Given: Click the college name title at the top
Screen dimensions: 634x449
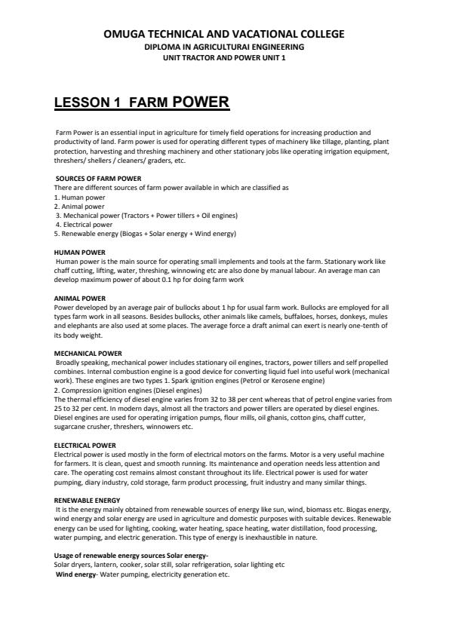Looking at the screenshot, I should pos(224,34).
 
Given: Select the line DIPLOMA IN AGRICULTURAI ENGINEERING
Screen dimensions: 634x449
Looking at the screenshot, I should pos(224,47).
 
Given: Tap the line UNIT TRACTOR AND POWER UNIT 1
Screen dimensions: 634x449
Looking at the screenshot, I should pos(224,57).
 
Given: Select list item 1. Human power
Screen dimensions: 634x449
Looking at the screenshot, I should pos(79,197).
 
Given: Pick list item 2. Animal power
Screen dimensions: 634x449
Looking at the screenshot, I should pos(79,206).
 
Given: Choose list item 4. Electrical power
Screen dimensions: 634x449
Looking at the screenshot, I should pos(84,224).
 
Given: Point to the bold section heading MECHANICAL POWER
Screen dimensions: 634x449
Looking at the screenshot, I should pos(88,353).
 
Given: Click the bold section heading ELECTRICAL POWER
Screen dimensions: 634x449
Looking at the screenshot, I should pos(85,445).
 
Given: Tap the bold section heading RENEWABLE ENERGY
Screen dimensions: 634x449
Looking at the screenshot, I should pos(87,501).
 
